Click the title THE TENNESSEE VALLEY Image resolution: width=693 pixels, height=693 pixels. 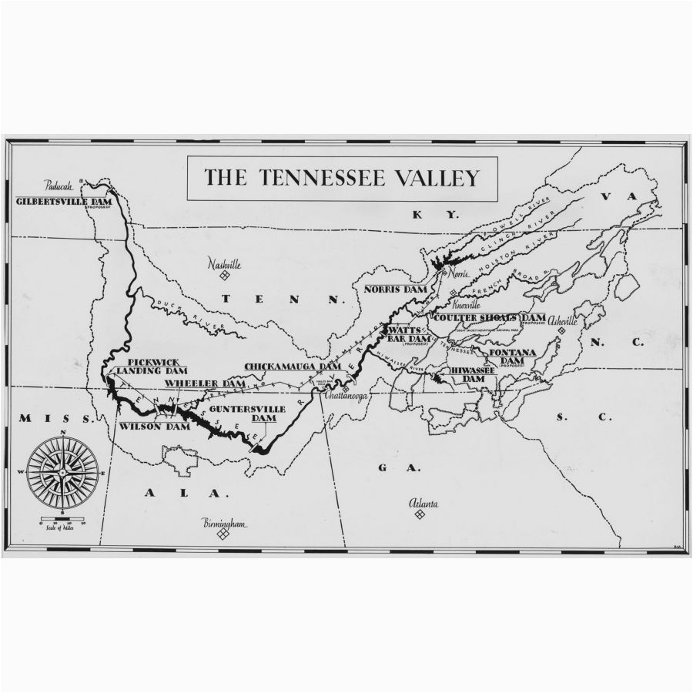341,178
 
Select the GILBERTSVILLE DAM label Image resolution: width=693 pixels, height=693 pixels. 68,201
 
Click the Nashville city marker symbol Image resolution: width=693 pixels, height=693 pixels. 224,276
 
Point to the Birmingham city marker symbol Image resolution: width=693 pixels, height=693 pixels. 223,533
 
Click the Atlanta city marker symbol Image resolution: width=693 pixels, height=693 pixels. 419,514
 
